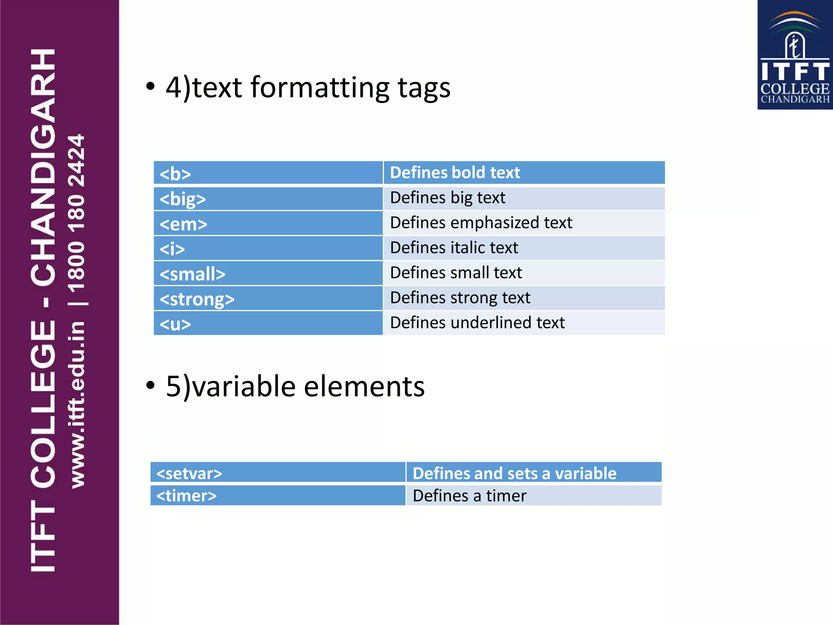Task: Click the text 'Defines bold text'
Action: click(x=455, y=173)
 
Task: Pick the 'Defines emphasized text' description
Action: click(x=481, y=223)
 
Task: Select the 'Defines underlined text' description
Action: click(x=477, y=323)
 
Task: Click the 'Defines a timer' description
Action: click(x=469, y=496)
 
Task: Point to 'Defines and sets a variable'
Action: click(x=514, y=473)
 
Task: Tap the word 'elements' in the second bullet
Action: click(x=364, y=386)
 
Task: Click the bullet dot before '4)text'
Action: click(x=150, y=86)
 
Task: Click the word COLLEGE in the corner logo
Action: click(x=795, y=89)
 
